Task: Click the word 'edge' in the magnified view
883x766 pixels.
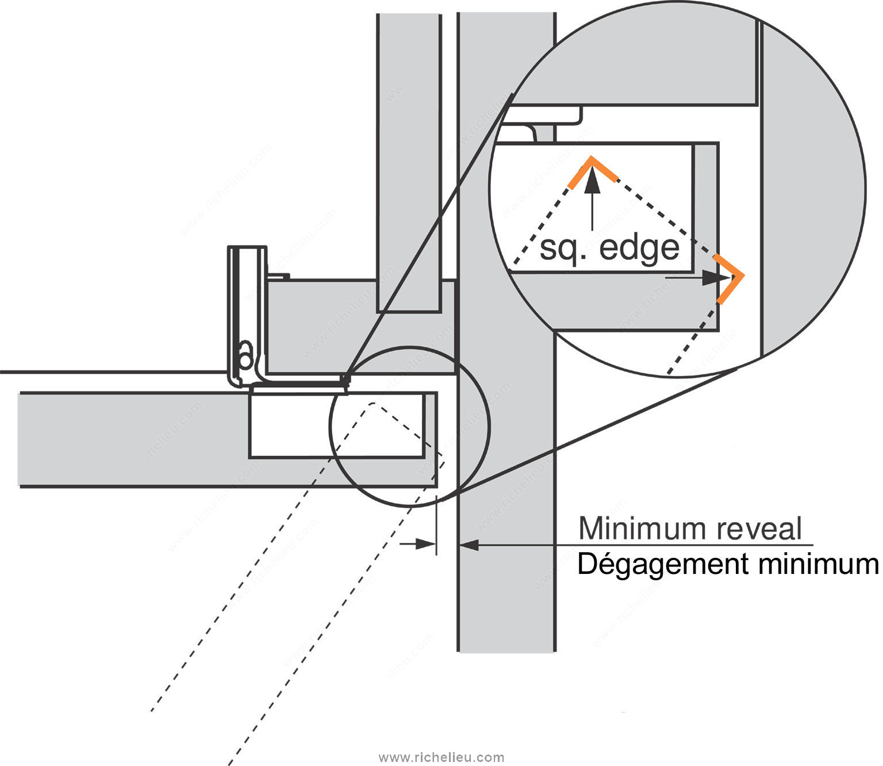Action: (x=639, y=248)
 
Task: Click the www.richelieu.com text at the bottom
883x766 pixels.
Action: (x=441, y=757)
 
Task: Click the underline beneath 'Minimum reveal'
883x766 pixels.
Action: (x=696, y=545)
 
